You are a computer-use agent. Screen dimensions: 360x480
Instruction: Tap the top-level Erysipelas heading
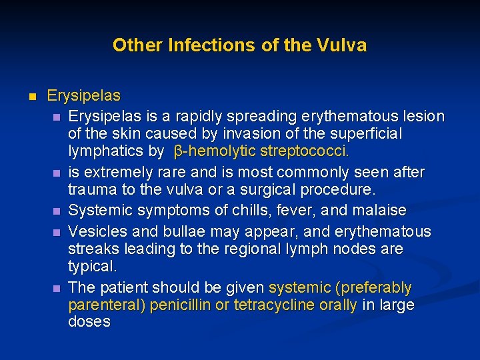(83, 96)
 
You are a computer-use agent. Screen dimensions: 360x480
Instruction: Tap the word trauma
(89, 189)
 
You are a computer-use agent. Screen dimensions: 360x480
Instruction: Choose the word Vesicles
(97, 232)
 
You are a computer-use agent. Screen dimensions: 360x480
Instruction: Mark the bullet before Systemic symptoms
(56, 211)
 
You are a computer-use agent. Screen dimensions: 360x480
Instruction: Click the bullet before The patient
(56, 289)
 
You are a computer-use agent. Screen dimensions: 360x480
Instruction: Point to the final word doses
(89, 322)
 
